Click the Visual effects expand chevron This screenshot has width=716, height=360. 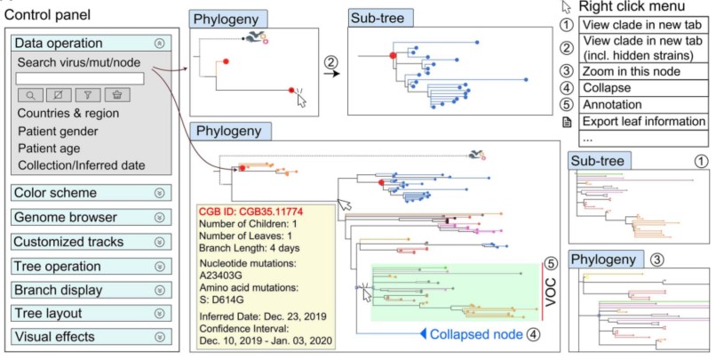160,337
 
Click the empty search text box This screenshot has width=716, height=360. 80,78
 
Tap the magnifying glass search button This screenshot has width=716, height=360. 29,95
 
